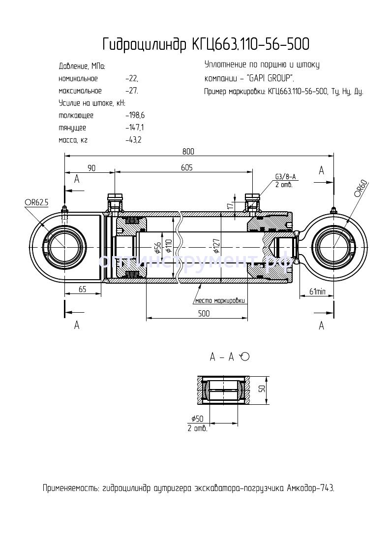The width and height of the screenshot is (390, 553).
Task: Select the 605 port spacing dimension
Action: (186, 168)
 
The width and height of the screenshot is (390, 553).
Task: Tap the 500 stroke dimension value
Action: (203, 314)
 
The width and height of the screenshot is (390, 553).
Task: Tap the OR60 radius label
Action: (361, 190)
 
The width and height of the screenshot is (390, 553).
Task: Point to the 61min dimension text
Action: (317, 292)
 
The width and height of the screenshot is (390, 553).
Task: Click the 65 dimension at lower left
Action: (82, 290)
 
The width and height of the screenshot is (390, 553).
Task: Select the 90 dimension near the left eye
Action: (91, 168)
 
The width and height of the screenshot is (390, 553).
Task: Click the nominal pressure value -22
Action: (132, 79)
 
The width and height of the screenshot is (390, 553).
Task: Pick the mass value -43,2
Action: (134, 140)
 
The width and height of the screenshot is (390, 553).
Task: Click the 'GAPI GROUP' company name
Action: (270, 78)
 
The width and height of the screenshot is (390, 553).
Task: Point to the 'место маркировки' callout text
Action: (219, 300)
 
